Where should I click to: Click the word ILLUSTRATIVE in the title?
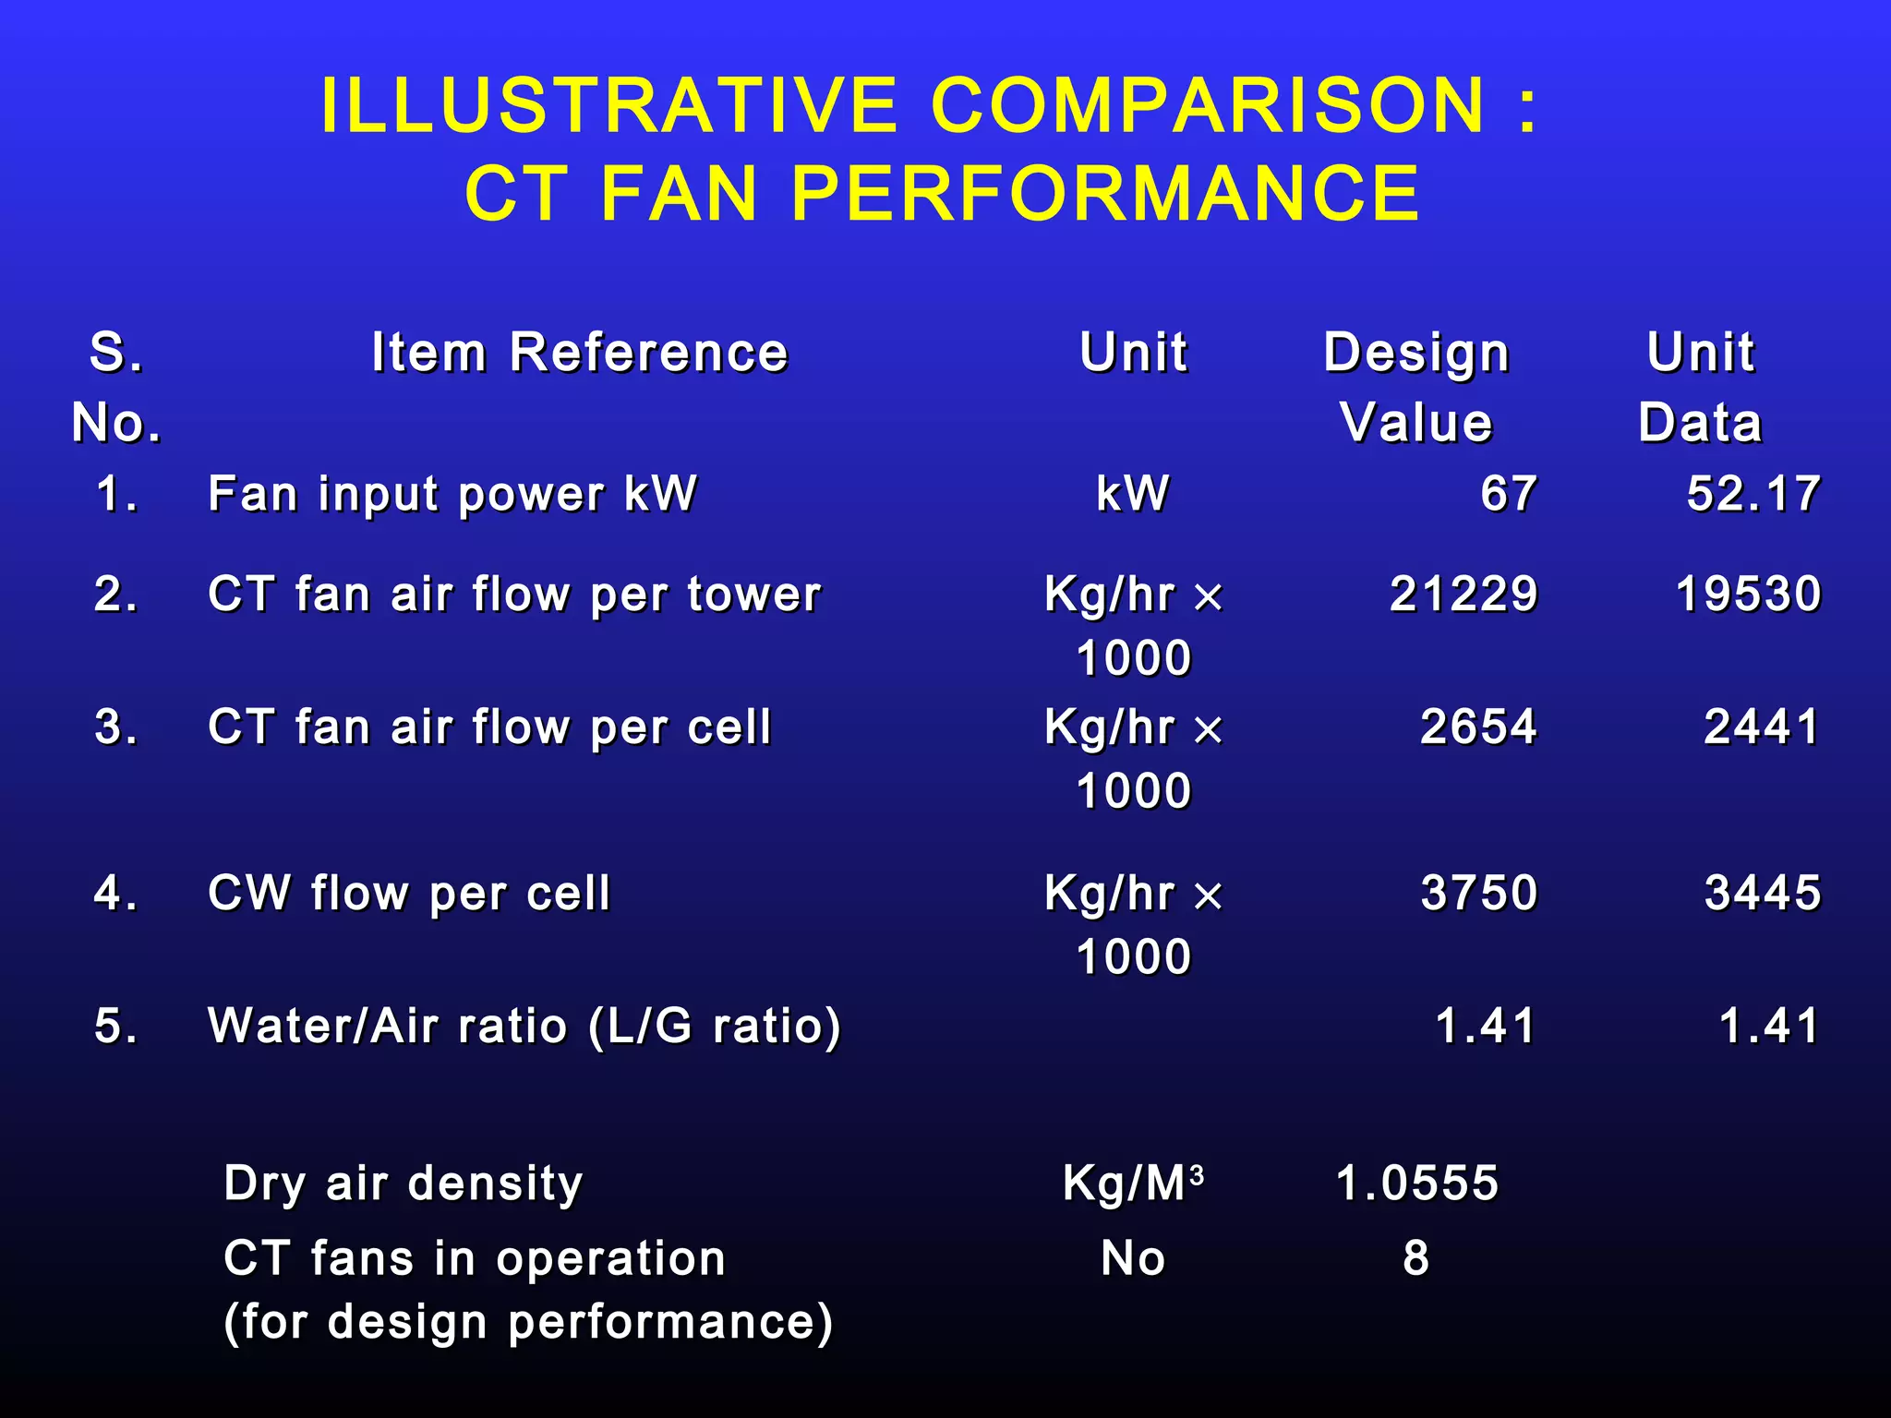tap(609, 105)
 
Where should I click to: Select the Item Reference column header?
tap(579, 353)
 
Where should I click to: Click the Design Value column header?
tap(1416, 388)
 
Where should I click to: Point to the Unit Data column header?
tap(1700, 388)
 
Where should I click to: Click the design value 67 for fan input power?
tap(1509, 494)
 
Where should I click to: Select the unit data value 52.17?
tap(1752, 494)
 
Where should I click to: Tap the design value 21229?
tap(1463, 594)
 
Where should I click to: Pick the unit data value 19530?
tap(1748, 594)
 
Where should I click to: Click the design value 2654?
tap(1478, 727)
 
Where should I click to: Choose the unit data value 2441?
tap(1762, 727)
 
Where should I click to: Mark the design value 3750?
tap(1479, 893)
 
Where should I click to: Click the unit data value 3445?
tap(1763, 893)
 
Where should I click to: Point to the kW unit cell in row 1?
tap(1133, 494)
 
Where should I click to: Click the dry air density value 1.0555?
tap(1417, 1183)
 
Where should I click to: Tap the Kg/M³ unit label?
tap(1133, 1183)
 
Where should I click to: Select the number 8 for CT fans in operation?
tap(1416, 1258)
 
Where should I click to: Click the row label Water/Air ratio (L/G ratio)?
tap(524, 1026)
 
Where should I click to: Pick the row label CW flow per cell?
tap(409, 893)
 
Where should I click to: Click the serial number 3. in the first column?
tap(116, 727)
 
